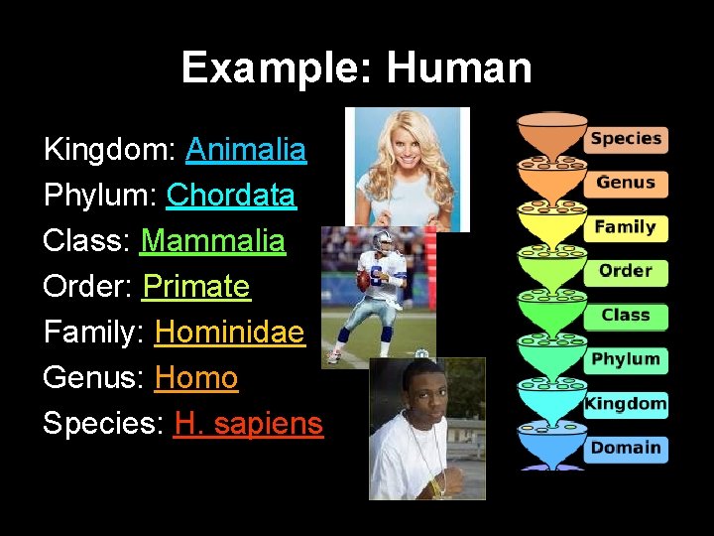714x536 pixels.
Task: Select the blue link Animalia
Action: click(246, 150)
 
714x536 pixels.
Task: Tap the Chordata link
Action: click(230, 196)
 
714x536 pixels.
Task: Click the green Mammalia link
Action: click(212, 241)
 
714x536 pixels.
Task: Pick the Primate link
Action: click(196, 287)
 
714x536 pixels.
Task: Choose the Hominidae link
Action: click(230, 333)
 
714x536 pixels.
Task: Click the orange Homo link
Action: click(196, 378)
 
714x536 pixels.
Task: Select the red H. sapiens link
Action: click(248, 424)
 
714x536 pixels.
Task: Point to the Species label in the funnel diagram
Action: click(626, 139)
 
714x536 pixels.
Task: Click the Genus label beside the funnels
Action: click(626, 183)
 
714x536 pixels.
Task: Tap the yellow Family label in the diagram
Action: click(626, 227)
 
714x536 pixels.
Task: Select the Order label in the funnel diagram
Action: click(626, 271)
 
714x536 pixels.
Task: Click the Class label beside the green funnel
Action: click(626, 316)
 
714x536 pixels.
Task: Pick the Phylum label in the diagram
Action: click(626, 359)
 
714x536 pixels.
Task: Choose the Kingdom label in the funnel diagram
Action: click(626, 404)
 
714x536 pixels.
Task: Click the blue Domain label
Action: click(626, 448)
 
